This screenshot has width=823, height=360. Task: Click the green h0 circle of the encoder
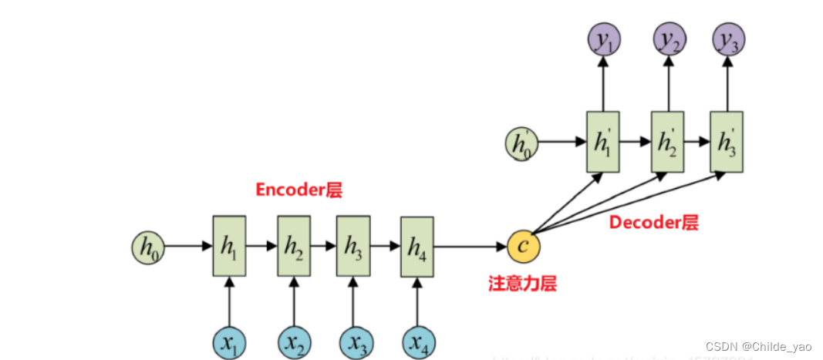[147, 246]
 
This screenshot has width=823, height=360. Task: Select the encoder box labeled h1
[229, 246]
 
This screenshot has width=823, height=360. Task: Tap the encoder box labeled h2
[293, 246]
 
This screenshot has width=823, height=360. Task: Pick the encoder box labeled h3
[353, 246]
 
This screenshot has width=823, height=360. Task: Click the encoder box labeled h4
[417, 247]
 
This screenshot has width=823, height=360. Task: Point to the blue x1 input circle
[229, 341]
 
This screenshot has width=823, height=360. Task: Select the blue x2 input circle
[293, 341]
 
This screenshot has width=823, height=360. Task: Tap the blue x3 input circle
[353, 341]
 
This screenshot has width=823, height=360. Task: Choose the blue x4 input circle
[417, 341]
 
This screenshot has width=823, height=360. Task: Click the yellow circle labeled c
[524, 246]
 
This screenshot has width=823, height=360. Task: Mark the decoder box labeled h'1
[602, 142]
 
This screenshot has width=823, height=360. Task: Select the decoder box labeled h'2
[668, 142]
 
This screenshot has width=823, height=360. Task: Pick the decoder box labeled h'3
[726, 142]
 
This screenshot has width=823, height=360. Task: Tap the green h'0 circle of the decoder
[521, 143]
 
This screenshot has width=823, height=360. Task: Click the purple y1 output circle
[602, 38]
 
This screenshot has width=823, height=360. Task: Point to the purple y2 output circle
[668, 38]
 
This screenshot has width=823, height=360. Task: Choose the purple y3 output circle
[726, 38]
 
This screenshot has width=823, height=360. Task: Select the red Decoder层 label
[654, 223]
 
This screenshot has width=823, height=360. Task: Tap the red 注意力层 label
[522, 283]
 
